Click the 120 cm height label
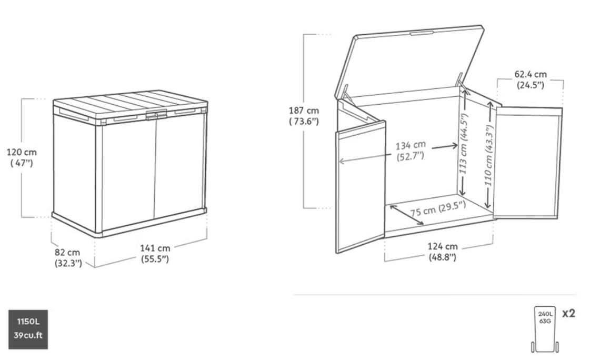tap(22, 157)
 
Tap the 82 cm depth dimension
tap(68, 258)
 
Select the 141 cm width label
tap(155, 254)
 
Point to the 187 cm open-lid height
tap(304, 116)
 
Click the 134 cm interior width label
tap(411, 150)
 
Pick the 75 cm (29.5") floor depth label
tap(438, 208)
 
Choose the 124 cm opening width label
tap(443, 252)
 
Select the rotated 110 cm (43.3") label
tap(489, 155)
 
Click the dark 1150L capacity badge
tap(28, 329)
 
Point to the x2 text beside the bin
tap(568, 313)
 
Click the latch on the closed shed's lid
tap(156, 115)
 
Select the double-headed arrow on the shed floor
tap(407, 215)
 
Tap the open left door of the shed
tap(361, 187)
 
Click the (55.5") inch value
tap(155, 259)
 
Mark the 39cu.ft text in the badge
tap(28, 335)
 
